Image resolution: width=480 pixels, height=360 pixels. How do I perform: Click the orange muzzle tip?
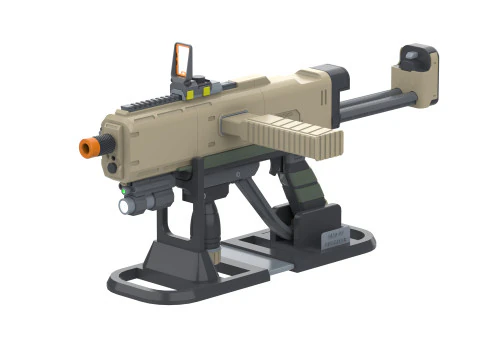tap(87, 147)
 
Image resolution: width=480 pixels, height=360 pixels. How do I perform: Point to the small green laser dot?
tap(123, 186)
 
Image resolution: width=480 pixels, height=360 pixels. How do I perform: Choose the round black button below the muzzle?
tap(113, 166)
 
